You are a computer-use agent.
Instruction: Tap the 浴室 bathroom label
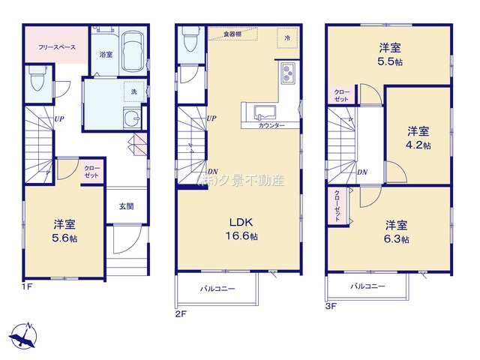tap(106, 54)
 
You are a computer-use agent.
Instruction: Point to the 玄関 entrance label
tap(125, 206)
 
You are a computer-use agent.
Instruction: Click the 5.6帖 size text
tap(64, 238)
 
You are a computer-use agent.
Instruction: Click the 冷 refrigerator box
tap(286, 37)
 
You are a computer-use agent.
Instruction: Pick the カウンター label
tap(271, 125)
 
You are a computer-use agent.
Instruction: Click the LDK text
tap(241, 222)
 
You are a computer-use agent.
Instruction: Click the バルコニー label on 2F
tap(217, 288)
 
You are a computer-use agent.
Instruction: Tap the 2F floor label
tap(180, 313)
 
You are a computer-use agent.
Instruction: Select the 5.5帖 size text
tap(389, 62)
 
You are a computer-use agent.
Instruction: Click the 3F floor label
tap(331, 306)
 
